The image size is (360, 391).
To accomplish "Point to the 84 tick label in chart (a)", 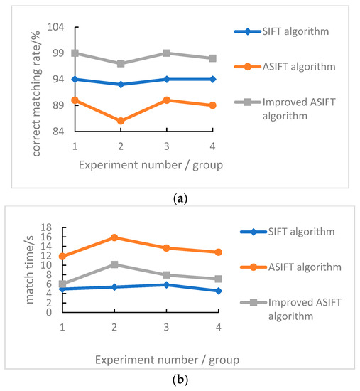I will (x=58, y=132).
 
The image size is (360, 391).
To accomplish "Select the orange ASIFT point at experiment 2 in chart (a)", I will (x=121, y=121).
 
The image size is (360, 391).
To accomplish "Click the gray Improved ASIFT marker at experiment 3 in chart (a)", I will (x=166, y=53).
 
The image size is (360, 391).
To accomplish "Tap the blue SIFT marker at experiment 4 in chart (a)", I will (x=212, y=79).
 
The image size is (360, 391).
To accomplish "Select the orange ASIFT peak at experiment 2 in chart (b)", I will (x=115, y=237).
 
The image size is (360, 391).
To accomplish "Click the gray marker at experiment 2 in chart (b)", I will (x=115, y=264).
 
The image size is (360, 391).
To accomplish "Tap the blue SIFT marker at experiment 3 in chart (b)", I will (x=166, y=284).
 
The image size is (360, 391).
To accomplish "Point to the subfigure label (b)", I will (x=180, y=380).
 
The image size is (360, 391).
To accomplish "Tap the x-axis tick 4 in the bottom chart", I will (x=218, y=327).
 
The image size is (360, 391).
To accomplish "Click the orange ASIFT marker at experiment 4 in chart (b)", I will (x=218, y=252).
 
